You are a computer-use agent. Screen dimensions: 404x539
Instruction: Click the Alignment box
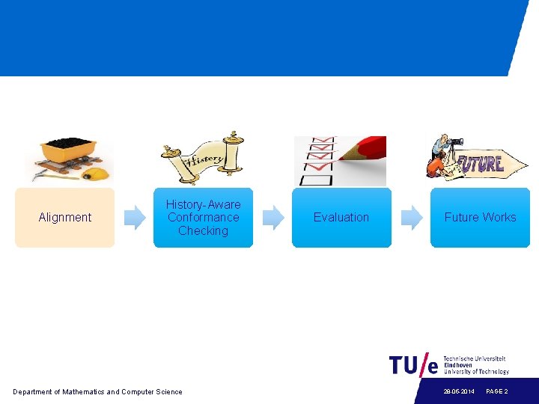(64, 218)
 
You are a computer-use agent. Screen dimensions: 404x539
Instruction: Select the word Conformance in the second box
(203, 218)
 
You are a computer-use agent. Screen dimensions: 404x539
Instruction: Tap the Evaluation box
(341, 218)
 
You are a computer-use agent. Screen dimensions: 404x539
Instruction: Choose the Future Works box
(480, 218)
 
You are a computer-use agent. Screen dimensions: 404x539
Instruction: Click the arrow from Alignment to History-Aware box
(135, 218)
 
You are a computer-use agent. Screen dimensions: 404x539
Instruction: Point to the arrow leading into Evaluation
(273, 218)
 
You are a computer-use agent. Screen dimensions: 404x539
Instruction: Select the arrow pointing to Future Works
(412, 218)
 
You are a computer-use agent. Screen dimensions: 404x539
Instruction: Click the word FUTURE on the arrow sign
(481, 163)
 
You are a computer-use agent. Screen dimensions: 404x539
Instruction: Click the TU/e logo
(413, 365)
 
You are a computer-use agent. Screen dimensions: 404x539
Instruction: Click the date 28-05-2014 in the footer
(459, 391)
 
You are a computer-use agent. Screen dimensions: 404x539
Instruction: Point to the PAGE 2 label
(497, 391)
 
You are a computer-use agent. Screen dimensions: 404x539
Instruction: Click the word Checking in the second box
(203, 231)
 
